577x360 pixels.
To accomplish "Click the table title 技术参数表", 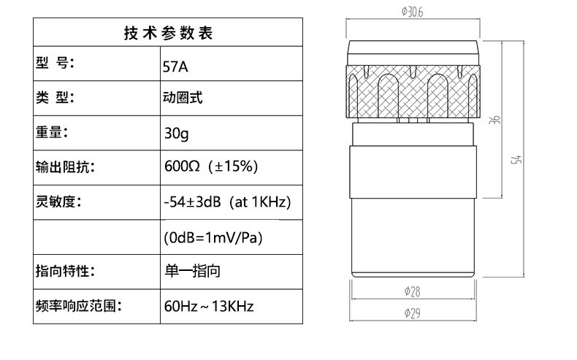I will [169, 34].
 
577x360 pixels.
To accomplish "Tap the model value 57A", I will [175, 67].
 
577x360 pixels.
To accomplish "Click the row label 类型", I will [55, 98].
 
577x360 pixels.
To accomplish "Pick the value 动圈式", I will [183, 99].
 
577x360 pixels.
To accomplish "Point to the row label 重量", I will [52, 133].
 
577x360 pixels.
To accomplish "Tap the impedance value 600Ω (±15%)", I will [211, 166].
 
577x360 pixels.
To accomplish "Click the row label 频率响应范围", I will [77, 306].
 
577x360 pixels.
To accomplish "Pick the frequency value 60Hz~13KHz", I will [209, 306].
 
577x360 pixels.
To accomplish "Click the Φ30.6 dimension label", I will [413, 12].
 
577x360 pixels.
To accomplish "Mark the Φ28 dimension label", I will [412, 291].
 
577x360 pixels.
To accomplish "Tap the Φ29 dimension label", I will [412, 313].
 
